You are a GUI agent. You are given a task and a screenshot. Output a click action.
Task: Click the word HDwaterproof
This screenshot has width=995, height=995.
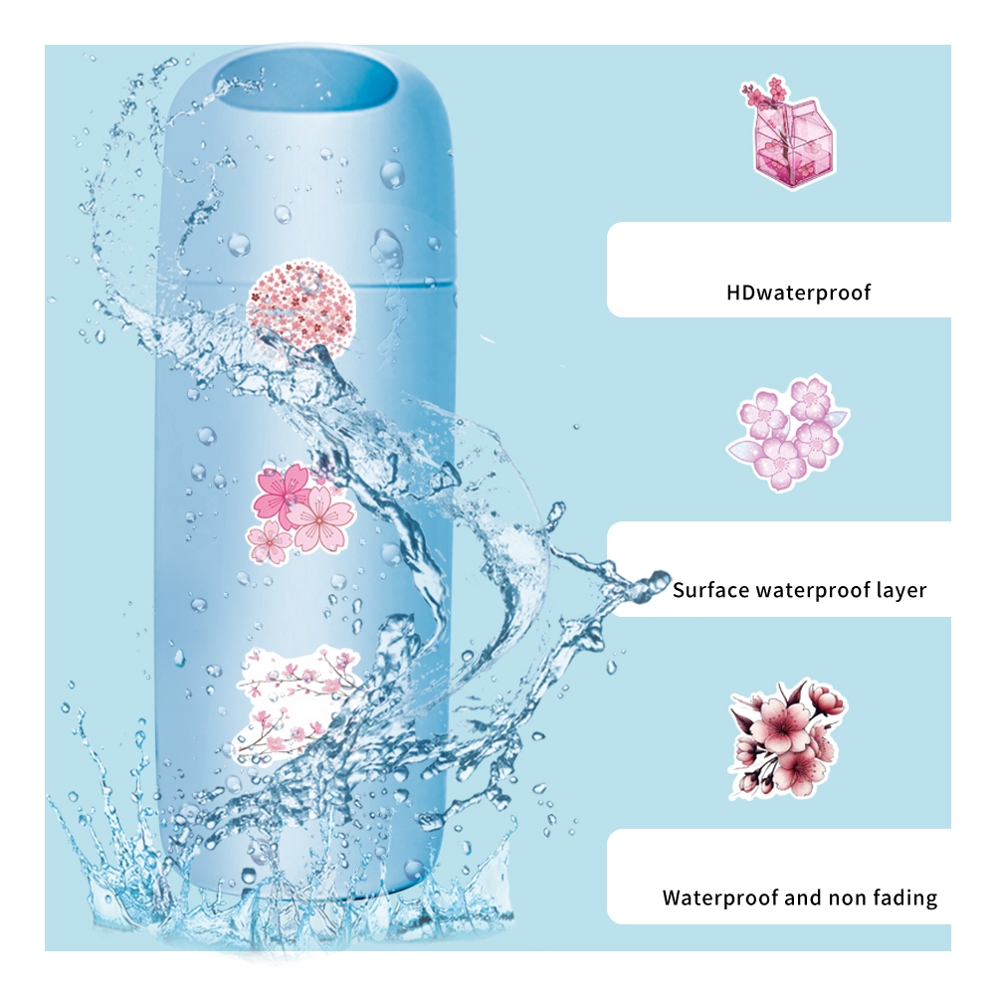tap(798, 293)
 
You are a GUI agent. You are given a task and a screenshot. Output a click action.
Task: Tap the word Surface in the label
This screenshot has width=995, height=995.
tap(710, 590)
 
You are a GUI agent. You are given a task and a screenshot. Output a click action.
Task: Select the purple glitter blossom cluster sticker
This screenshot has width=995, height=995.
tap(787, 434)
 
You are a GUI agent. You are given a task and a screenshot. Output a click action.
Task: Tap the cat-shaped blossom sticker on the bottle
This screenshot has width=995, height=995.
tap(297, 705)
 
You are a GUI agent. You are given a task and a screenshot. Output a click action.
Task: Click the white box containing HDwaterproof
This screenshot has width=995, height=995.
tap(779, 270)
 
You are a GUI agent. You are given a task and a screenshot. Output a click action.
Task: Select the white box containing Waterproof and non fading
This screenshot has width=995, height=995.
tap(779, 877)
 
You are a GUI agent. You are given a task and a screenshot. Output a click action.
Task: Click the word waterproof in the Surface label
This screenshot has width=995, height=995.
tap(813, 591)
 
